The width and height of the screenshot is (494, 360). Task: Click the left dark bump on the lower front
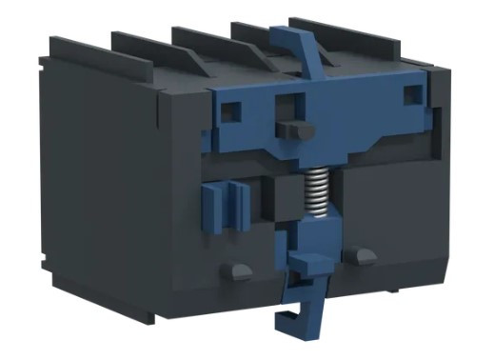[x=236, y=270]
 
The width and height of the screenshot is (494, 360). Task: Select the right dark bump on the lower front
[x=360, y=255]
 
